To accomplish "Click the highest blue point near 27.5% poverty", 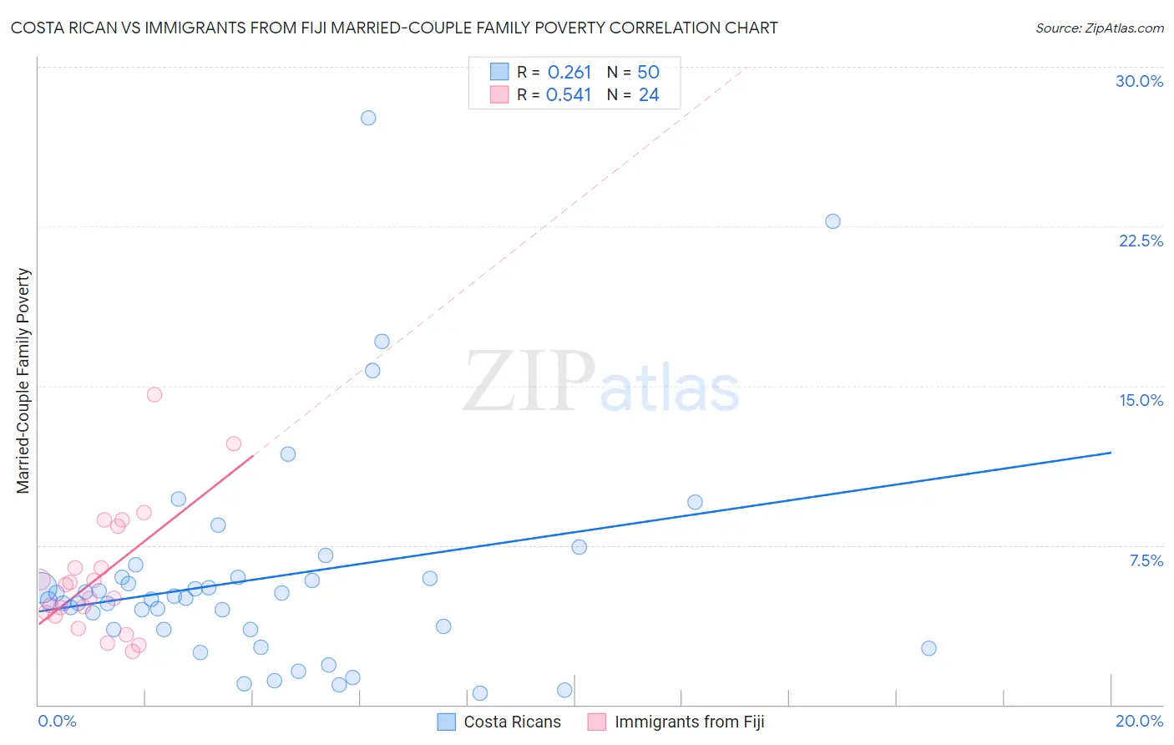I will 368,118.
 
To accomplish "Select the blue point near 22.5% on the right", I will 832,221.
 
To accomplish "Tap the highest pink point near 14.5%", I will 154,394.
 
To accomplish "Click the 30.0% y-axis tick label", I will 1139,81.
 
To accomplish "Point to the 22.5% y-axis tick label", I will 1141,241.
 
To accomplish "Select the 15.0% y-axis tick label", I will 1141,400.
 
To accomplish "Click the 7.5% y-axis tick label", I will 1146,560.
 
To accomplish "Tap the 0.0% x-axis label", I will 57,721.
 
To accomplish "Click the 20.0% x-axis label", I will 1139,721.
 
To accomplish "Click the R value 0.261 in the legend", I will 569,73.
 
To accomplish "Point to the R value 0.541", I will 569,95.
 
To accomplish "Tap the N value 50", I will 648,73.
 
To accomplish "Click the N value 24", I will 648,95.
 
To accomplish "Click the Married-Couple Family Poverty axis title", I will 23,381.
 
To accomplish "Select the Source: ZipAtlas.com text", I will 1099,28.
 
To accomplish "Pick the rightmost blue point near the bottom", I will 929,648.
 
